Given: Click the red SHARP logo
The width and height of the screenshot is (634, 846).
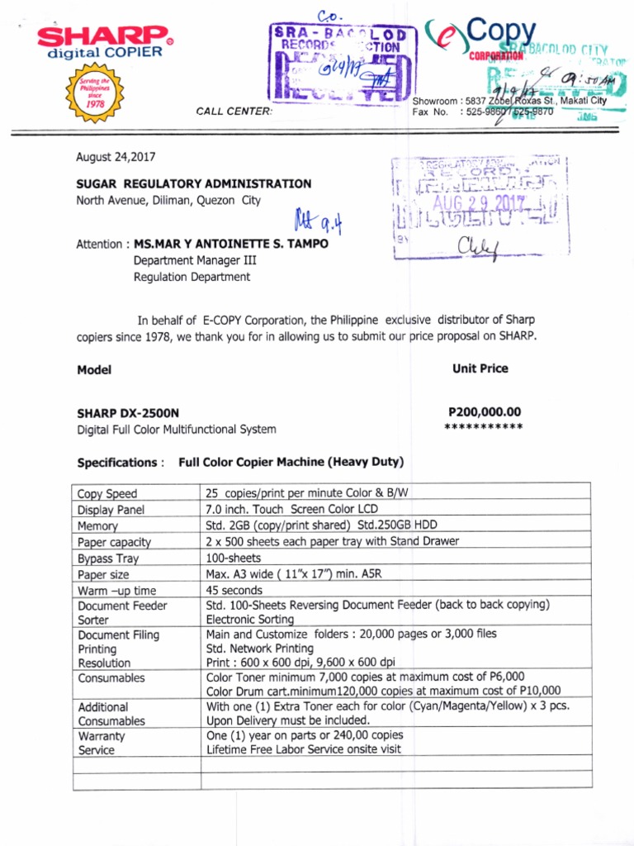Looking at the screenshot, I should point(104,37).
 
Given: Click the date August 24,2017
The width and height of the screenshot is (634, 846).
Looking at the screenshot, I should point(116,157).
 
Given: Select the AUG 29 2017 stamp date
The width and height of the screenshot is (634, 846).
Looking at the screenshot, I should point(478,202).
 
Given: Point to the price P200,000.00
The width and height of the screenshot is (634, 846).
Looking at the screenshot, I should point(485,411).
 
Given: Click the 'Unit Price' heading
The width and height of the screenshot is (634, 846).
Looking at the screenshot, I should point(480,368).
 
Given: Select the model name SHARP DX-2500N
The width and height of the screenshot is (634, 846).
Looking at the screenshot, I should point(128,413).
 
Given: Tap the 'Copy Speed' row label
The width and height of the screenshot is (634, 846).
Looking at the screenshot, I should point(107,494).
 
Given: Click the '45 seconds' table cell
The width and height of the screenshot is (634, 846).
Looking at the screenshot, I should point(234,590).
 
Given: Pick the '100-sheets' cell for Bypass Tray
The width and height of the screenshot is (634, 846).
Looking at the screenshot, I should point(234,558).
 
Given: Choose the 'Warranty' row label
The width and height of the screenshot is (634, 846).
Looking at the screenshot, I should point(102,735).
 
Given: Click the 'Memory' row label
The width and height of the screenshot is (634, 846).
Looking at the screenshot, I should point(98,526).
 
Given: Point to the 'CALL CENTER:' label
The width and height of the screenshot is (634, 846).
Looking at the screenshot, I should point(234,112).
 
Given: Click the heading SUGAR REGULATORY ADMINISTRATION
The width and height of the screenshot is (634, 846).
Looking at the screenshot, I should point(194,183).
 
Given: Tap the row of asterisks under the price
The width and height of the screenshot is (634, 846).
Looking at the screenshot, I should point(484,427).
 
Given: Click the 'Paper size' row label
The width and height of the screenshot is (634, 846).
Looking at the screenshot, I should point(103,574).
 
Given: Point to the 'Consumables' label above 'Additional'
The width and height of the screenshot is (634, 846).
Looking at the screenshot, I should point(111,677).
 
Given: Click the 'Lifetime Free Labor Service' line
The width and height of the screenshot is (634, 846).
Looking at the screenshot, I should point(304,749).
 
